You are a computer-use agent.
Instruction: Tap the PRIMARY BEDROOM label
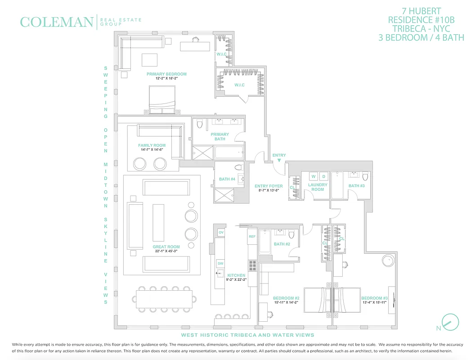[166, 74]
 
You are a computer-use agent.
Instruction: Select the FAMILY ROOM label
[152, 145]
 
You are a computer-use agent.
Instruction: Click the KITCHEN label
[236, 275]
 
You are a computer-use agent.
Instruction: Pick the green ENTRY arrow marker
[279, 160]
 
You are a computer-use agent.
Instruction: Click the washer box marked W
[314, 176]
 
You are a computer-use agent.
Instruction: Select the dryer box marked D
[323, 176]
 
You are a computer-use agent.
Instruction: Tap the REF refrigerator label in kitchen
[252, 236]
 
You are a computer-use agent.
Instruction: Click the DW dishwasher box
[220, 263]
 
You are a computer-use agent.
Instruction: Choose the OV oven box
[221, 232]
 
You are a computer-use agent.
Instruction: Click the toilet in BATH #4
[238, 167]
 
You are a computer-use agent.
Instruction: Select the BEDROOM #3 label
[374, 298]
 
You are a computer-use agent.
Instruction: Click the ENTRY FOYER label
[269, 186]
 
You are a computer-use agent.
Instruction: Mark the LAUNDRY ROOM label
[318, 187]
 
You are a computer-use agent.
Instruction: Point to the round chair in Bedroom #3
[388, 261]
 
